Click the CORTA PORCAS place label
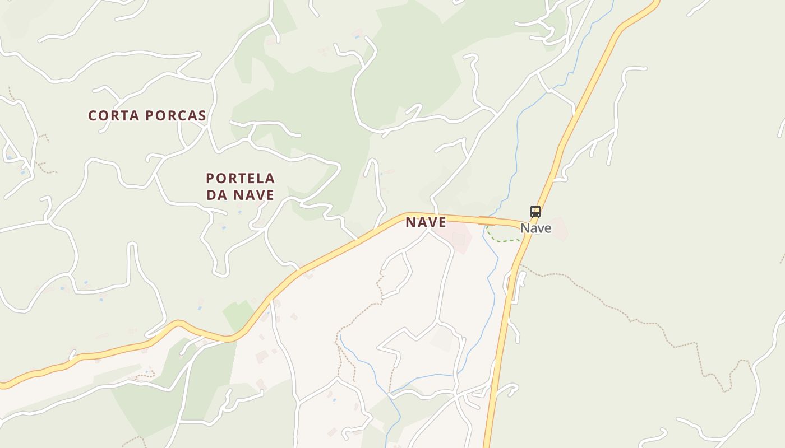[147, 116]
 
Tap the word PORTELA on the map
[241, 179]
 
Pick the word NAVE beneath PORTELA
[253, 195]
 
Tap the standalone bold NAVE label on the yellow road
[426, 222]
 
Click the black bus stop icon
[535, 212]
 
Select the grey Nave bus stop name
[535, 228]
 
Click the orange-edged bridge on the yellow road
[486, 221]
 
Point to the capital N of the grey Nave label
[525, 228]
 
